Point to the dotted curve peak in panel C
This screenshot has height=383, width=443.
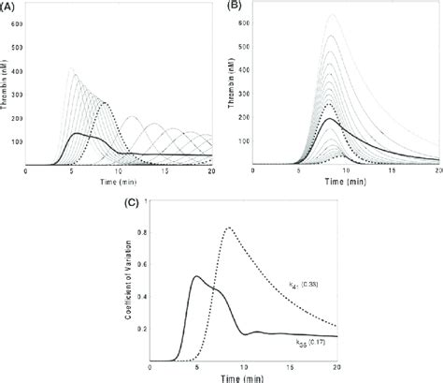coord(229,228)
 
